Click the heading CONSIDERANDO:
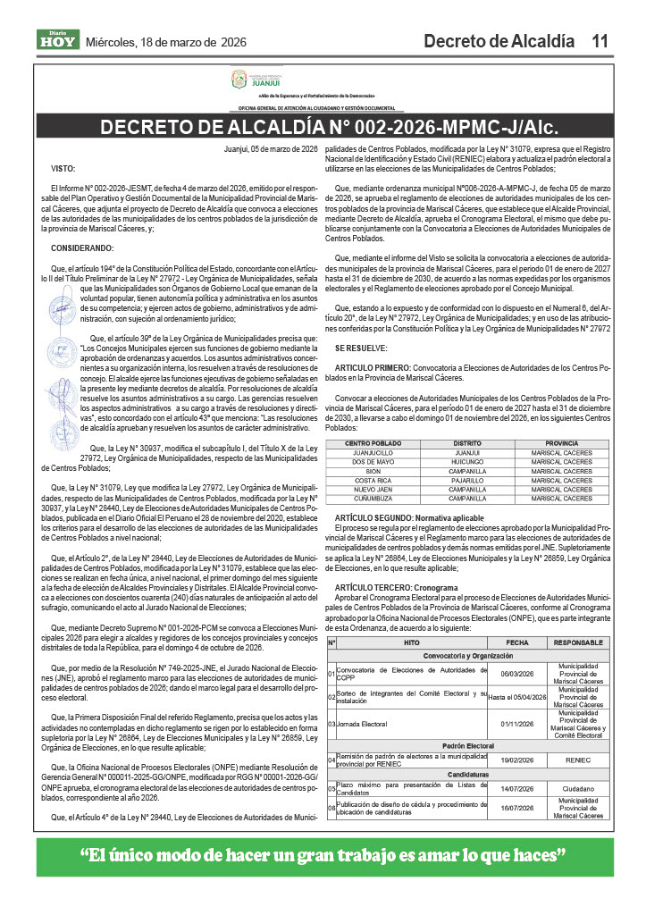click(83, 247)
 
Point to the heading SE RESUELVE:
click(361, 346)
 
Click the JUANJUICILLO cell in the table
click(373, 453)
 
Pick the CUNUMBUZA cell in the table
click(373, 498)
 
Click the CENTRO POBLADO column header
click(373, 443)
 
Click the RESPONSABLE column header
click(579, 642)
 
